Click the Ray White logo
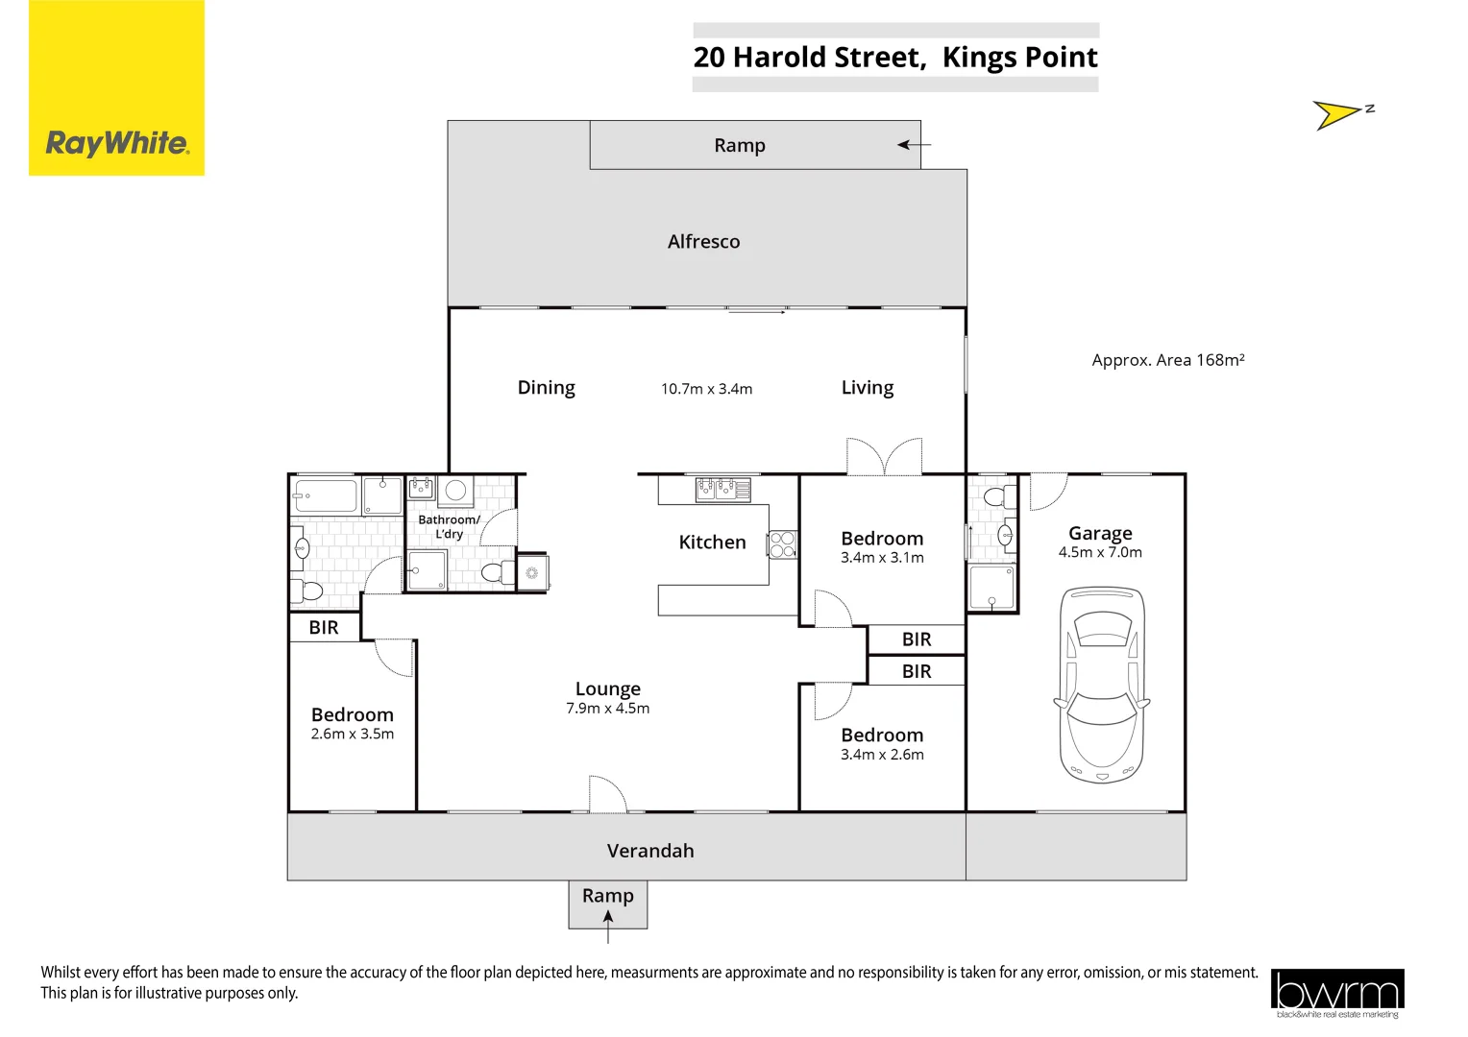point(116,143)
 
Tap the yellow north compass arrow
point(1335,115)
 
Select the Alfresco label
point(703,242)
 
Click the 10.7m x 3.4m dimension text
point(706,389)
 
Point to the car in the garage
point(1101,685)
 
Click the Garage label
point(1100,533)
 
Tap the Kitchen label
point(712,543)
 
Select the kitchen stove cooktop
point(782,545)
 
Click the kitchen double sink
point(723,489)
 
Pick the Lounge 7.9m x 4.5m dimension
point(607,709)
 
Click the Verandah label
point(650,851)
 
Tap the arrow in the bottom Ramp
point(608,920)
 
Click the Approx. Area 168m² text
point(1167,360)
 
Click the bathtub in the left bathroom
point(325,496)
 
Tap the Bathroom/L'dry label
point(449,526)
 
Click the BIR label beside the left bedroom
point(324,628)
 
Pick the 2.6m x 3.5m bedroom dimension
point(352,735)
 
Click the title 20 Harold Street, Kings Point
point(895,58)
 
